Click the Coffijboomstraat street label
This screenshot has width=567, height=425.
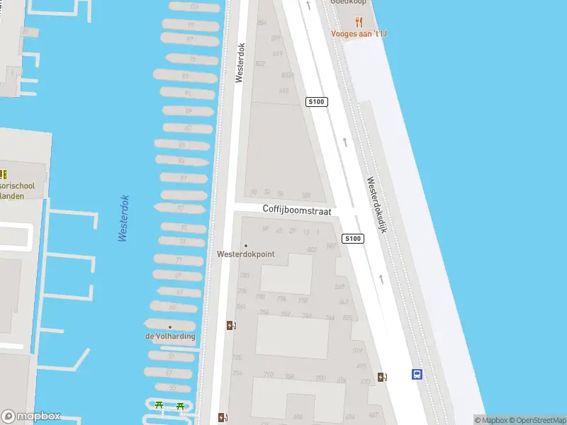coord(297,210)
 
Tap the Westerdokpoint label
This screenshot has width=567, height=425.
coord(245,254)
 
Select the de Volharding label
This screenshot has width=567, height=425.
coord(170,336)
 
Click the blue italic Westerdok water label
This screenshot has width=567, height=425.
coord(124,218)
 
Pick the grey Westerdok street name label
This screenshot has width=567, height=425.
coord(240,63)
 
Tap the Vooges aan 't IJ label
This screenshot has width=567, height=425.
coord(359,33)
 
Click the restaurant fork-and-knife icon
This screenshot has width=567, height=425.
coord(359,21)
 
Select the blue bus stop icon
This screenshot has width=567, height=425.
coord(417,375)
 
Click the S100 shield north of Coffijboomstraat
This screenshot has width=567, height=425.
coord(316,102)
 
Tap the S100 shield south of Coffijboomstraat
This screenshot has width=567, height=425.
coord(353,239)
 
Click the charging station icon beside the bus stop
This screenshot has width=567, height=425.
coord(383,376)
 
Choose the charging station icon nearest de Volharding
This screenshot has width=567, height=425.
coord(231,325)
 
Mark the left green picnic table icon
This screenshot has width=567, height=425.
coord(159,406)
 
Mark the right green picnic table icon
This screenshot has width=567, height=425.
coord(180,406)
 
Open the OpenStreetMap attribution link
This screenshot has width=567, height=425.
coord(537,420)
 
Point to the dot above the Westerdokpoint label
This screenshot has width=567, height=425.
coord(245,246)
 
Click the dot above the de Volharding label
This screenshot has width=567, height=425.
coord(170,327)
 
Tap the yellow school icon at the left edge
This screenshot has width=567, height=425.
coord(4,174)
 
